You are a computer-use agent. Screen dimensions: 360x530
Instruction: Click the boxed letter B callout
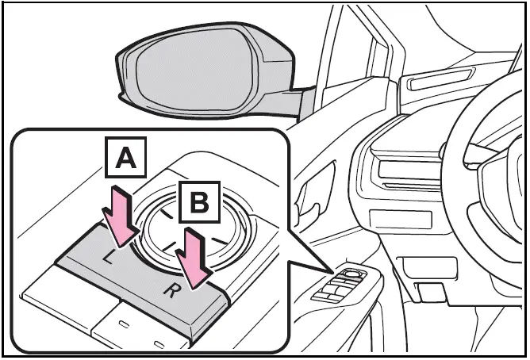[199, 205]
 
